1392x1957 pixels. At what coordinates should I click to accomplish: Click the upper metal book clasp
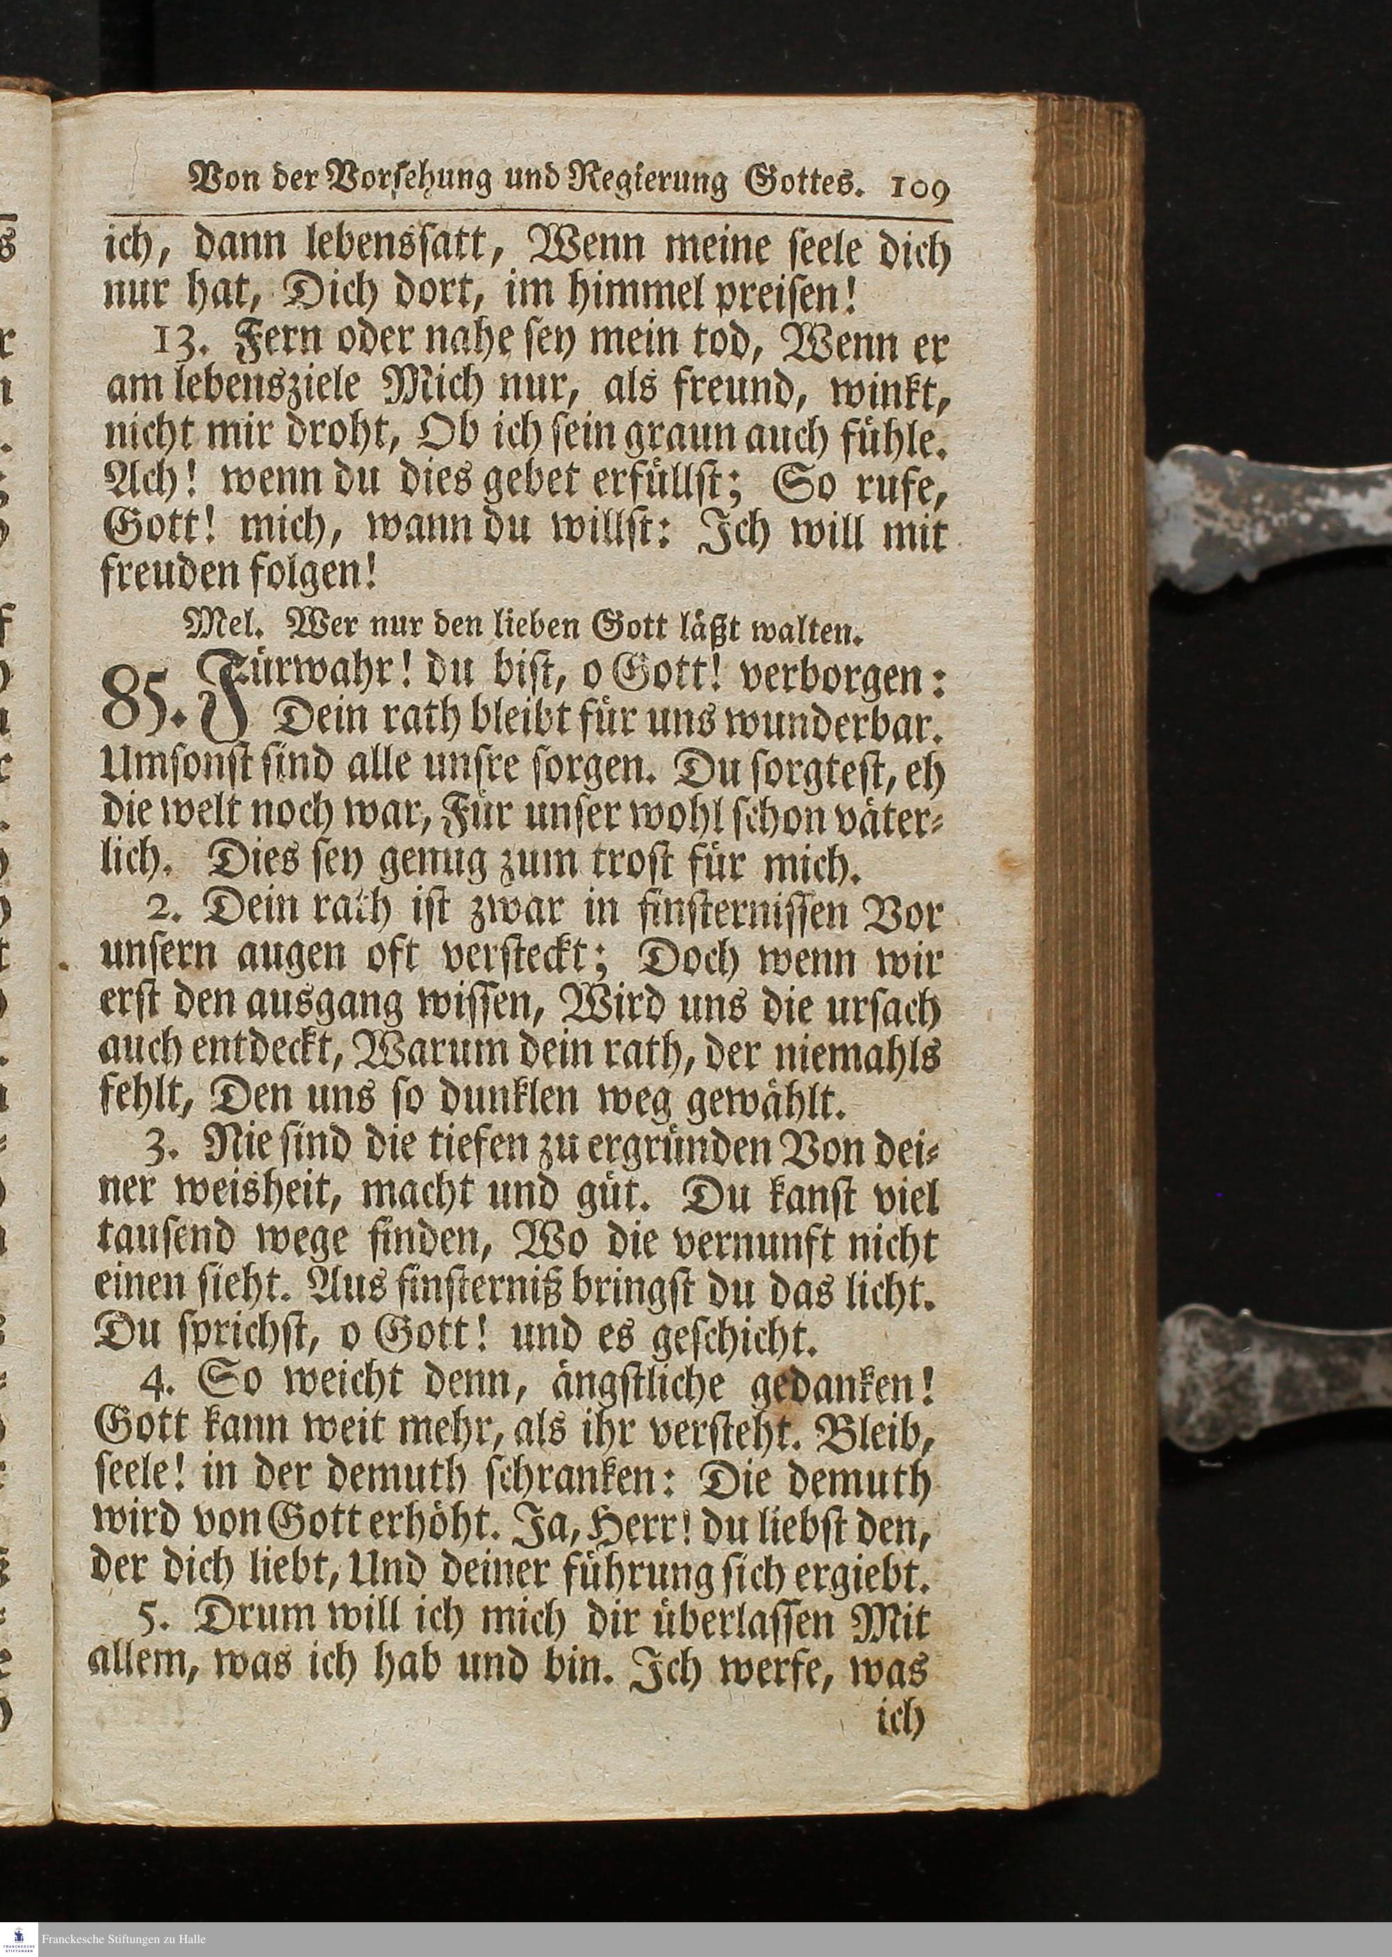(x=1269, y=513)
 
